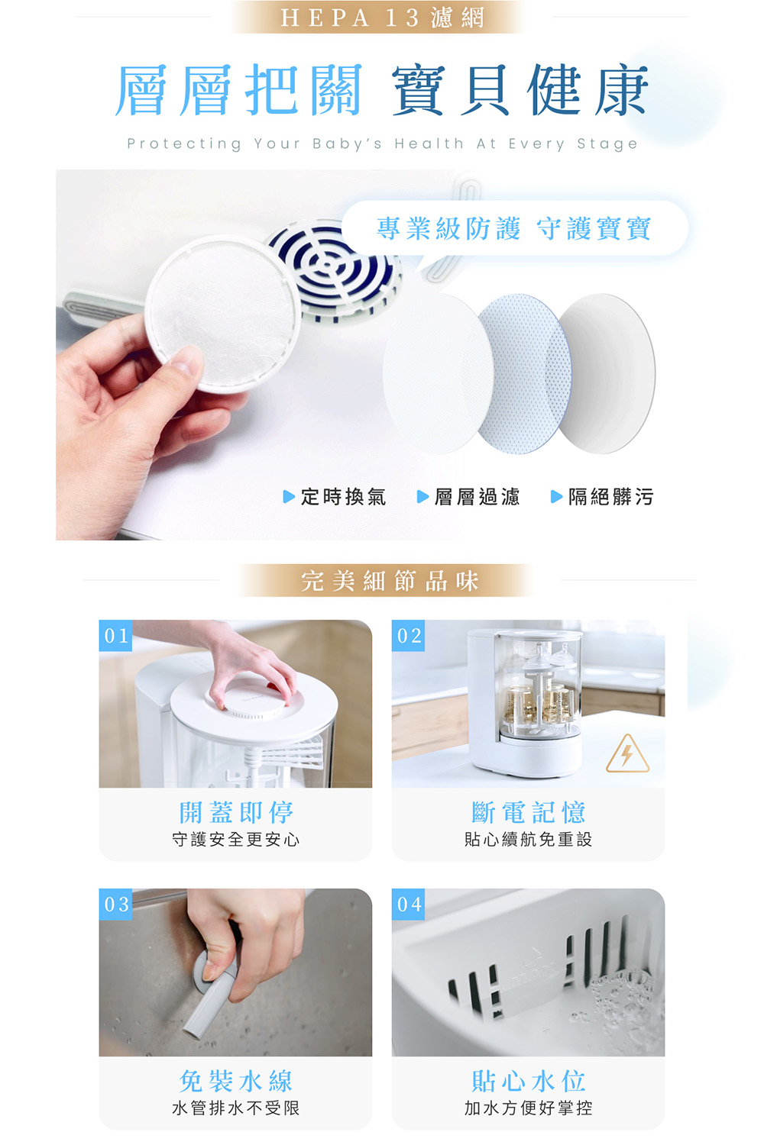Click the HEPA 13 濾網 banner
[382, 18]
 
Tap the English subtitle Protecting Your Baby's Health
[295, 144]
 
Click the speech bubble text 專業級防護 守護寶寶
[513, 228]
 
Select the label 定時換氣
[343, 496]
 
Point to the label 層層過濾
[477, 496]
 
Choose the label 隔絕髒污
[611, 496]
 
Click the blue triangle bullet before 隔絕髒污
[556, 496]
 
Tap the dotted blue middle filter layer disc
[525, 373]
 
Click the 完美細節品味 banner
[389, 581]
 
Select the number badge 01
[115, 635]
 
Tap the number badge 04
[408, 905]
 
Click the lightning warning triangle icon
[627, 754]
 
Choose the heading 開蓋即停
[236, 812]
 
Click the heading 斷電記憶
[529, 812]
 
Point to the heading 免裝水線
[236, 1081]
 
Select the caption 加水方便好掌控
[529, 1108]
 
